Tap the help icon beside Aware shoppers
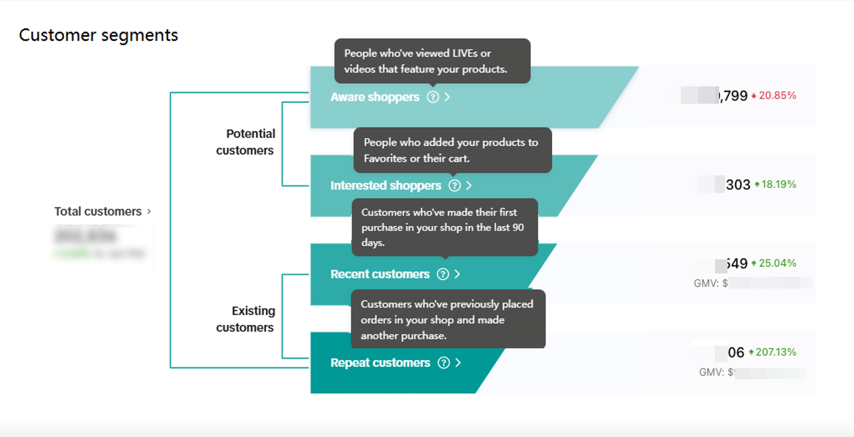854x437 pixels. [433, 97]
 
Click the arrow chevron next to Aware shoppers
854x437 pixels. [447, 97]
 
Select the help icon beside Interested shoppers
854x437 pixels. [455, 185]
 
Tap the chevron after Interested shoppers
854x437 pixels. [469, 185]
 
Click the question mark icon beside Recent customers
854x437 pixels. [443, 274]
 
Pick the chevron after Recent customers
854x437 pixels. [457, 274]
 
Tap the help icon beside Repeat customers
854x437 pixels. [444, 363]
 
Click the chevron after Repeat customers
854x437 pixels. [458, 363]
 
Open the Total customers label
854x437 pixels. [98, 211]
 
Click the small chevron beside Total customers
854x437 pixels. [149, 211]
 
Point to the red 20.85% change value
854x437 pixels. [777, 96]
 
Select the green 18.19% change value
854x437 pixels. [778, 184]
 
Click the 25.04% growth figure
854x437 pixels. [777, 263]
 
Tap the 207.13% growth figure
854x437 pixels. [775, 352]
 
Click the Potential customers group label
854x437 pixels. [246, 142]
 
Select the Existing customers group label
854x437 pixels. [246, 319]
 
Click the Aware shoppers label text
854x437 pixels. [375, 97]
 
